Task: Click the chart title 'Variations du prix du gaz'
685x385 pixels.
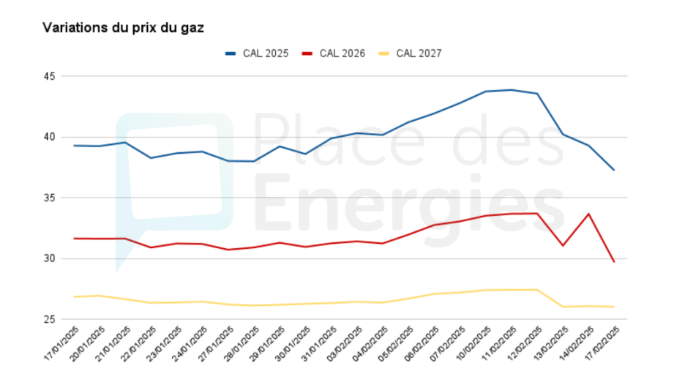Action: [x=122, y=28]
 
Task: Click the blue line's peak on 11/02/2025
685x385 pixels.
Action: [x=511, y=90]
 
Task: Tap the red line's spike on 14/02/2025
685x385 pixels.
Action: [x=588, y=214]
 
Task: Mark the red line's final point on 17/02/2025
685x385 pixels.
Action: [x=613, y=261]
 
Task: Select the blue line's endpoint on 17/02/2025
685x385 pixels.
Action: [x=613, y=170]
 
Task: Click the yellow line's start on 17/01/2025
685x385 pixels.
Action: [x=74, y=296]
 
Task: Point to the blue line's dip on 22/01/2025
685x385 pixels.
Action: [x=151, y=158]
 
